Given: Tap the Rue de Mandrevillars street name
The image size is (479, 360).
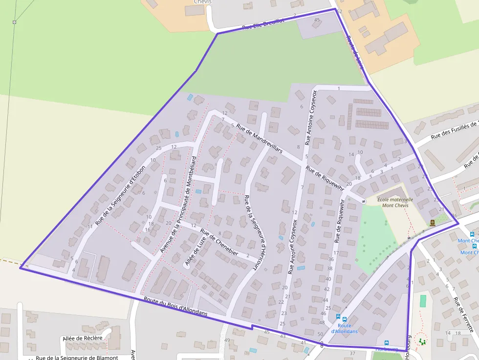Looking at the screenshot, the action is [260, 139].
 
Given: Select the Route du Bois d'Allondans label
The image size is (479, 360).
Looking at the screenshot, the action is [175, 306].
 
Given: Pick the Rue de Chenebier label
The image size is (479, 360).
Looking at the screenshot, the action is [219, 242].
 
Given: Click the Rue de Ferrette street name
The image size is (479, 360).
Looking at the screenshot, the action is [464, 315].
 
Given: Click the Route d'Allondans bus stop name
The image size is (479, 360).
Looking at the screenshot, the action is [344, 328].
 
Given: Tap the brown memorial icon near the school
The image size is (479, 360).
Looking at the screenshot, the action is [433, 223].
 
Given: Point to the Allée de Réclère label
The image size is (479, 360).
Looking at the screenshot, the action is [83, 338].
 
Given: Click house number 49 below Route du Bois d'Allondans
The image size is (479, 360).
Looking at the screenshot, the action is [227, 340].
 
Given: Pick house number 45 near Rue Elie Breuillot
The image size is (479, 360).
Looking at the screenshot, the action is [317, 20].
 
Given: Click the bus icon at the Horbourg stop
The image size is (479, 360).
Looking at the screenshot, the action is [387, 343].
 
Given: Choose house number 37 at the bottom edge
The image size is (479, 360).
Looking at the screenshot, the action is [352, 353].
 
